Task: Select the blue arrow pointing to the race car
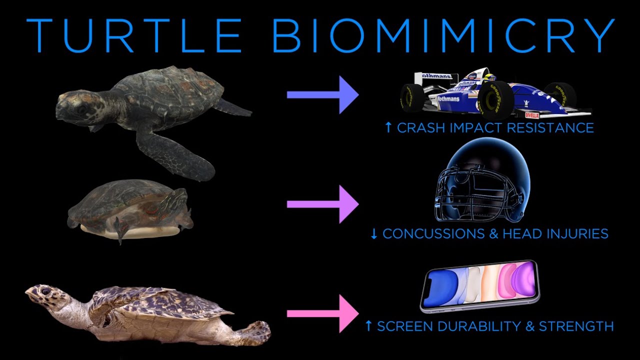tap(322, 94)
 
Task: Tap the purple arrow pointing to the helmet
tap(322, 204)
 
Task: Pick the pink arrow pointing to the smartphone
tap(322, 313)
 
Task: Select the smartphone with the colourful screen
tap(480, 285)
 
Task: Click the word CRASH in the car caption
tap(417, 128)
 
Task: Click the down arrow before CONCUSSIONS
tap(374, 233)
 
